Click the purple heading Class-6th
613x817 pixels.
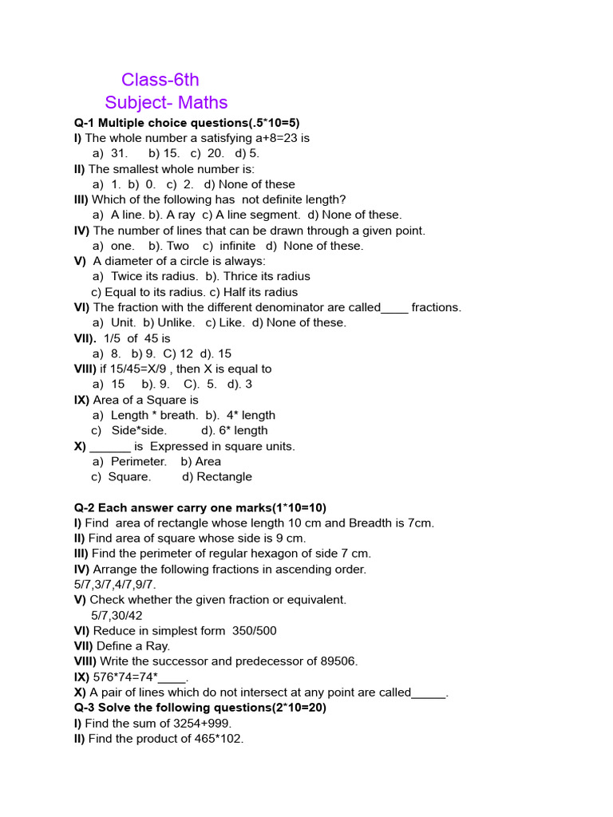tap(160, 80)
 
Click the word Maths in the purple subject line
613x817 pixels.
tap(203, 103)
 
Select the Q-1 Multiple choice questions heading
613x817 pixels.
tap(187, 123)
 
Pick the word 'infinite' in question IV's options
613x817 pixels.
tap(237, 246)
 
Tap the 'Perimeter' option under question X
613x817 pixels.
tap(139, 461)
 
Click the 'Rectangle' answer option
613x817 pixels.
tap(223, 476)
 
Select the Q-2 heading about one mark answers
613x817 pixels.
tap(200, 507)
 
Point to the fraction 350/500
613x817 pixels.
tap(255, 630)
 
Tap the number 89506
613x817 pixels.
tap(338, 661)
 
